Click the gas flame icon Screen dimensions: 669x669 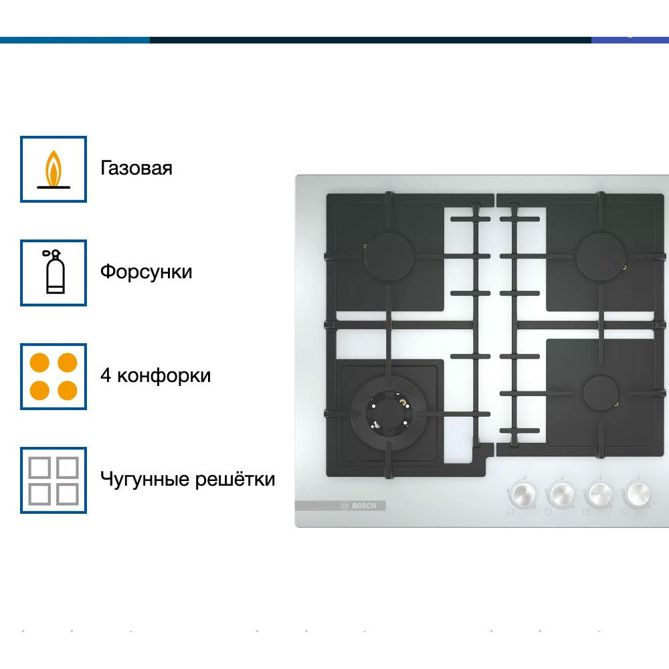(x=54, y=169)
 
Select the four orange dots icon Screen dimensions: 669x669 (x=54, y=376)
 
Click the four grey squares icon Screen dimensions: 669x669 (x=54, y=480)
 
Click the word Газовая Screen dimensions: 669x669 (x=136, y=168)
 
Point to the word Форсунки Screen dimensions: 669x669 (x=146, y=272)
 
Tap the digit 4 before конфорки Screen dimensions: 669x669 (x=106, y=375)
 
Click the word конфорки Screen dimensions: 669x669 (x=164, y=376)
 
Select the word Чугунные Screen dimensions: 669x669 (x=145, y=480)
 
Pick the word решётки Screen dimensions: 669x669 (x=235, y=479)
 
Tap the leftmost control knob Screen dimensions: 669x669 (x=522, y=494)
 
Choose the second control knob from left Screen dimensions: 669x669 (x=560, y=494)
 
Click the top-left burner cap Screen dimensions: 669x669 (x=389, y=256)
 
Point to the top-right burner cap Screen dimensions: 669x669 (x=601, y=256)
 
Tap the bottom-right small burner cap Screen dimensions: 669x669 (x=601, y=393)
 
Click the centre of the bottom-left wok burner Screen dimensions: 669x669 (x=389, y=414)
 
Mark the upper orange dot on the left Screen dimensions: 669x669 (x=39, y=363)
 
